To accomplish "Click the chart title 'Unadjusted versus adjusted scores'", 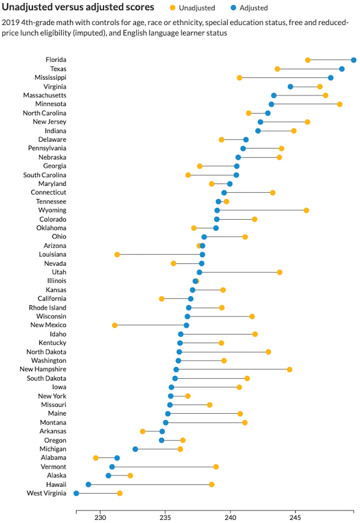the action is coord(78,7).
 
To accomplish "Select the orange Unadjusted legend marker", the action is coord(173,7).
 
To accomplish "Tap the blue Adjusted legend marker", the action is coord(233,7).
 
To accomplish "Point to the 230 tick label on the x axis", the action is coord(100,517).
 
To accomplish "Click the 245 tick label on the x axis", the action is coord(295,517).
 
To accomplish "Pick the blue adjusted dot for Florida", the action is coord(354,60).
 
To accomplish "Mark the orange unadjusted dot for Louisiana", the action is coord(117,255).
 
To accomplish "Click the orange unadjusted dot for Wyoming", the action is coord(306,210).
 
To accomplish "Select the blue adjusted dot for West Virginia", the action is coord(76,493).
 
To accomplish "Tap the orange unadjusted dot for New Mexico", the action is coord(115,325).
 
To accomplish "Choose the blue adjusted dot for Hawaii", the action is coord(89,484).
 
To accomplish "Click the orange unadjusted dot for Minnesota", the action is coord(339,104).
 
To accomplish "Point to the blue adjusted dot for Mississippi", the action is coord(331,78).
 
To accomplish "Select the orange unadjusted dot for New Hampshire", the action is coord(289,369).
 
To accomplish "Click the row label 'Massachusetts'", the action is coord(45,95).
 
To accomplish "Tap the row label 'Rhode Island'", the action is coord(47,308).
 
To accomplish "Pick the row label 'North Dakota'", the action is coord(46,352).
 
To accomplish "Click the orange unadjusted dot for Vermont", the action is coord(216,467).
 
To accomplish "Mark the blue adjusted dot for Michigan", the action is coord(135,449).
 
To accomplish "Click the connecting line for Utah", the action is coord(240,272).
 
